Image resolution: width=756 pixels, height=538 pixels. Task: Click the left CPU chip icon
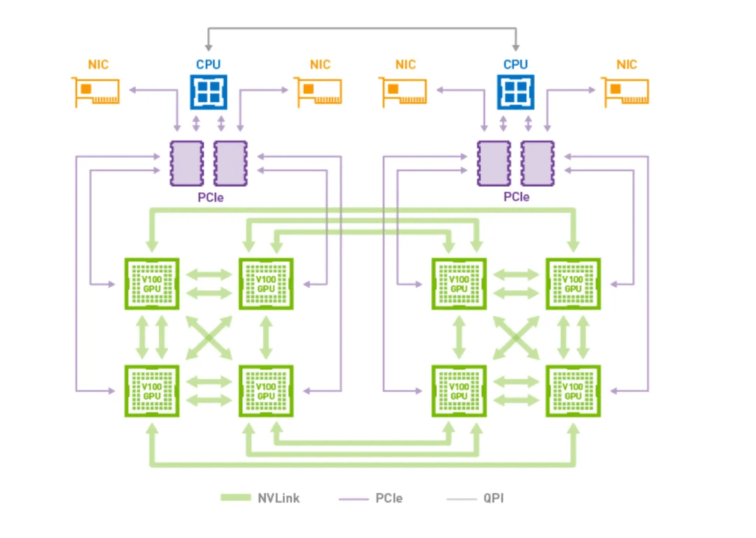209,92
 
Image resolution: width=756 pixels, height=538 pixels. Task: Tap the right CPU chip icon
515,92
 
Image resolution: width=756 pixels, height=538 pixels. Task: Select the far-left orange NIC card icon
97,92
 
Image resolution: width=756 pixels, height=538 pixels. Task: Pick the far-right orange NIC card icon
626,92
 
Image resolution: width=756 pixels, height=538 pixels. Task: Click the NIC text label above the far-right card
626,65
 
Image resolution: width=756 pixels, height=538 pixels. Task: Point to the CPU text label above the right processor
515,64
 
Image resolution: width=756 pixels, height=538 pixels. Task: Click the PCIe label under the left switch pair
209,197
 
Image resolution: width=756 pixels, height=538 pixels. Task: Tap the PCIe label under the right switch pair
516,197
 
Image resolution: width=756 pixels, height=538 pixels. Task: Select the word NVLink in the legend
279,498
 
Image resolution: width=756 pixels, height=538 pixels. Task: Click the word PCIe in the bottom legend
388,498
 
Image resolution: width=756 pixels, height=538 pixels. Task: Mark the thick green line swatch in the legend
235,498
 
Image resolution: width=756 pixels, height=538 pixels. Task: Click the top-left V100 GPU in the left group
151,283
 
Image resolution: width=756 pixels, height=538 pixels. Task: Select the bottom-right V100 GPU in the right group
573,390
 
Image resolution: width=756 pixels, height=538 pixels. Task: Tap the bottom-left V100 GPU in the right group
458,390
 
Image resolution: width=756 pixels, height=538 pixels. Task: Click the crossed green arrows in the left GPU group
209,337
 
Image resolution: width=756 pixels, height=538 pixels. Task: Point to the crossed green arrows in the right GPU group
516,337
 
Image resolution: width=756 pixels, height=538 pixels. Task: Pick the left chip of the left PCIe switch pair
187,164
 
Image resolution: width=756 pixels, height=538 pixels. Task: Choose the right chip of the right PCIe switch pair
537,164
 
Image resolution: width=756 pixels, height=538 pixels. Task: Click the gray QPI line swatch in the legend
460,499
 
